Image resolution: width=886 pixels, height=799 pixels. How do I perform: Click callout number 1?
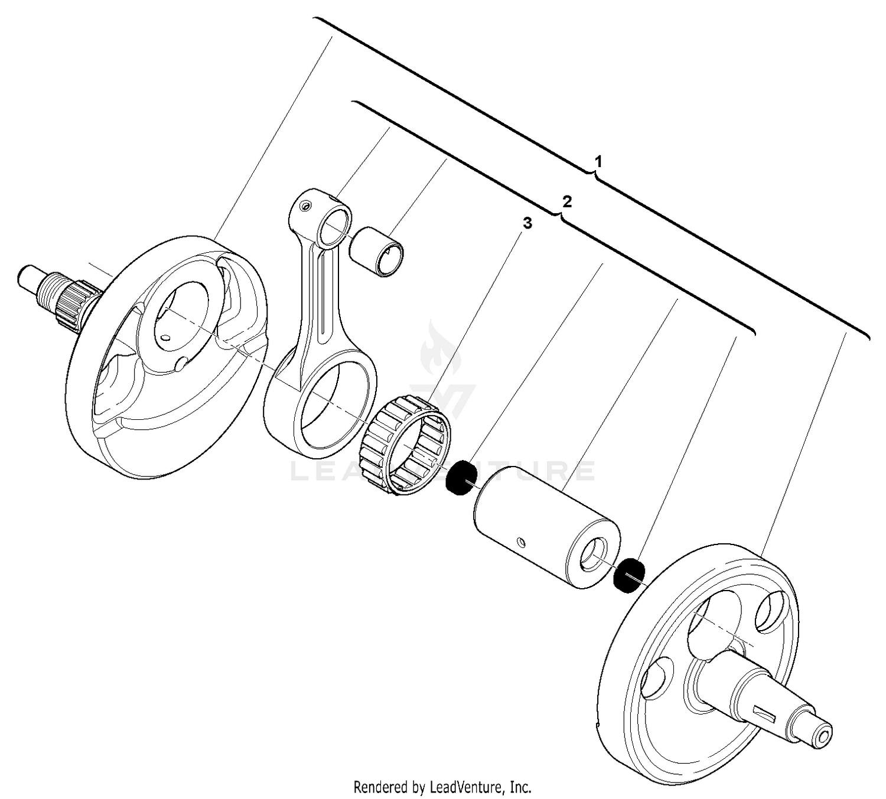coord(598,161)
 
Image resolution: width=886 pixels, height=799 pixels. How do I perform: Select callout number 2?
coord(567,202)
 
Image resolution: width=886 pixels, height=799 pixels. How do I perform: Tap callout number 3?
coord(527,223)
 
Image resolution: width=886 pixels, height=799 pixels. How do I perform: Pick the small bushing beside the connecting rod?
coord(377,252)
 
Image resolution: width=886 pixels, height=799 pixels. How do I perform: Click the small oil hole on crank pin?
coord(520,542)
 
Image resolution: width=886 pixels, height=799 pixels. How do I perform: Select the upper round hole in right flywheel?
coord(770,612)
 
